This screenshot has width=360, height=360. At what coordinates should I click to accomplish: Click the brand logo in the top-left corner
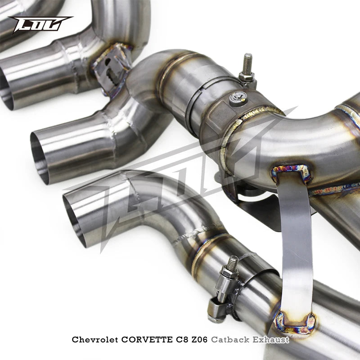(x=40, y=24)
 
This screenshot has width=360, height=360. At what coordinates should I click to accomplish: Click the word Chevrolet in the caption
(x=95, y=340)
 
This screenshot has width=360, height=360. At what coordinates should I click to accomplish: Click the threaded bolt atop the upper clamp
(x=247, y=63)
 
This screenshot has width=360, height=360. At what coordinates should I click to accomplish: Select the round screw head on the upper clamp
(x=238, y=97)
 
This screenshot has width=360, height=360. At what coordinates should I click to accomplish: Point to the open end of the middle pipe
(x=40, y=157)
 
